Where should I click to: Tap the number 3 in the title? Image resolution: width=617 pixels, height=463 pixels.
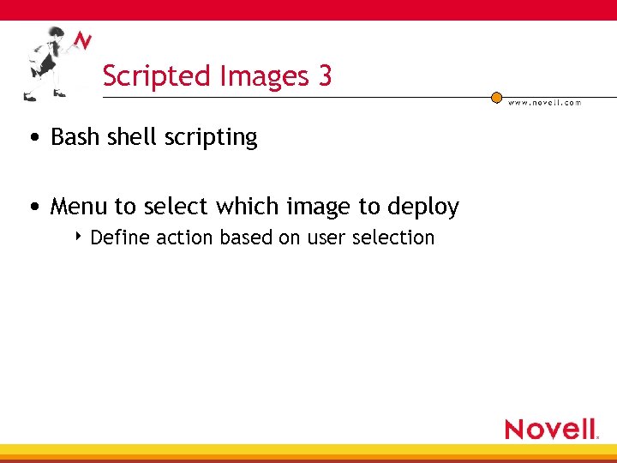pos(325,76)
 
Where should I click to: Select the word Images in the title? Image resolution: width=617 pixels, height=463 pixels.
pos(266,77)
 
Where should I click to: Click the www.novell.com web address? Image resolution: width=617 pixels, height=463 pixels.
pos(544,103)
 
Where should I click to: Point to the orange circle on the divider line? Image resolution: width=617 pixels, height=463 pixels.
pos(496,98)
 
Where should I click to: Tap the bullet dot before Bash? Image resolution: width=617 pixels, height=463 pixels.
pos(32,138)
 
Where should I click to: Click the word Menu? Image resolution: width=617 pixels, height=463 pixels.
pos(80,207)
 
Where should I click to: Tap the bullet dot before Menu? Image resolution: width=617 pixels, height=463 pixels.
pos(32,207)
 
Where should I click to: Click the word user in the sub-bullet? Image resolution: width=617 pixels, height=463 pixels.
pos(326,238)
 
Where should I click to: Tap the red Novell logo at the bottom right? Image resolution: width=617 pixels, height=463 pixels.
pos(551,429)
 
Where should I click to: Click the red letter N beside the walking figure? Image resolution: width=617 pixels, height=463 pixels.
pos(82,40)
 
